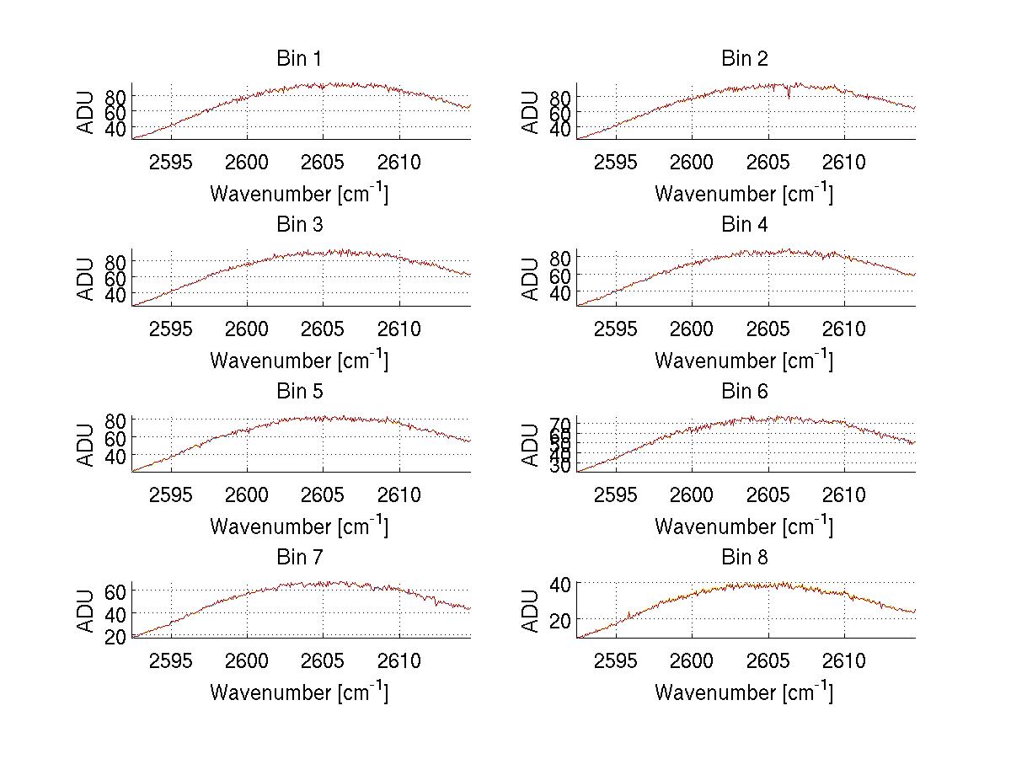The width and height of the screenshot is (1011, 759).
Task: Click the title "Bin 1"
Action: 299,59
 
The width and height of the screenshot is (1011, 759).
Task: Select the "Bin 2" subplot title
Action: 745,59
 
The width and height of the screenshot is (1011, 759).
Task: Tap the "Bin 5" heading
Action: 299,392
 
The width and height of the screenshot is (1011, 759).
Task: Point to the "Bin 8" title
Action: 745,558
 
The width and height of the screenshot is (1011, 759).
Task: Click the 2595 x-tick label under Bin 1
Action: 171,163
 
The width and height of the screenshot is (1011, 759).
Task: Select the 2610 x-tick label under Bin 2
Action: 844,163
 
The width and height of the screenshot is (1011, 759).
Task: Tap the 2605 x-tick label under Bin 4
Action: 768,329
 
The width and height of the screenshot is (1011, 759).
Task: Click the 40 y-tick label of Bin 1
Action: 115,129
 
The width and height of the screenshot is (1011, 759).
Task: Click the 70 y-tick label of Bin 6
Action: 560,423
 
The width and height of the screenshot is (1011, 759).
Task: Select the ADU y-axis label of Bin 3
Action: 86,279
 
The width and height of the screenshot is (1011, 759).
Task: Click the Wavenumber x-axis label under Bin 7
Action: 299,692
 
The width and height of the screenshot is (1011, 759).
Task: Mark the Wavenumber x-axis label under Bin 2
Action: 744,193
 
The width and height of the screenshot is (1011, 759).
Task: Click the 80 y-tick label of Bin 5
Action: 115,420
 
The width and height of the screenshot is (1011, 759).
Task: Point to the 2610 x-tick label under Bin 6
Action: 844,495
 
